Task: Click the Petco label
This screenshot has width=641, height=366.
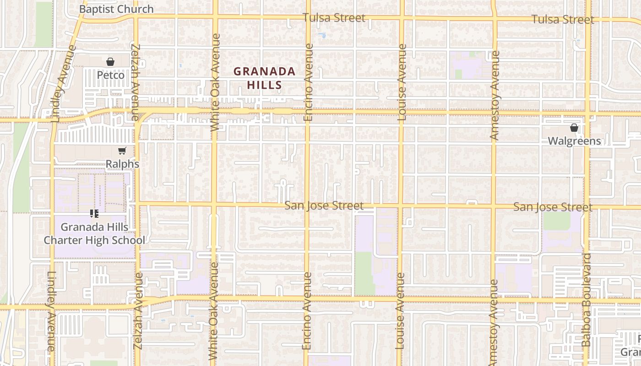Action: click(110, 75)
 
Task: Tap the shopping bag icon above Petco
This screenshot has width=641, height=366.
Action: click(110, 62)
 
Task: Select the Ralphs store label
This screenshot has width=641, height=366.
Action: click(122, 163)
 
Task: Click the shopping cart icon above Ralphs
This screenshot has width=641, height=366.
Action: click(122, 151)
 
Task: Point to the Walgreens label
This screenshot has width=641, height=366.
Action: click(574, 140)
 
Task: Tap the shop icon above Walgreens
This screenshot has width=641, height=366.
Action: click(574, 128)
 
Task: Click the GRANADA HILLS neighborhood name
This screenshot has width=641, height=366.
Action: click(264, 78)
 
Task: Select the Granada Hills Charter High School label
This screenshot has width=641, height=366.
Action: click(94, 233)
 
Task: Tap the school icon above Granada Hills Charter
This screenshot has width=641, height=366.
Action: click(94, 213)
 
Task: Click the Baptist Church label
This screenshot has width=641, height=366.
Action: click(116, 9)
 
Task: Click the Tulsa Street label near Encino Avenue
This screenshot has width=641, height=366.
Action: click(334, 18)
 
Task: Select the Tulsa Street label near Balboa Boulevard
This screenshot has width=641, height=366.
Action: click(563, 19)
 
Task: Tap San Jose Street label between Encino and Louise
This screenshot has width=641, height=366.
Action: click(324, 205)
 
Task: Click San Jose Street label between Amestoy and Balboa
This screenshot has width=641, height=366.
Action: click(553, 207)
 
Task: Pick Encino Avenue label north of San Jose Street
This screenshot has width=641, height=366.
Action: click(308, 82)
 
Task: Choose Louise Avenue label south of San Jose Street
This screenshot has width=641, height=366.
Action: click(400, 311)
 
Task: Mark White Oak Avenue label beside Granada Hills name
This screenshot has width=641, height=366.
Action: click(215, 82)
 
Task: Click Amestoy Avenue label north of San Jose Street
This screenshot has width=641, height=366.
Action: click(494, 95)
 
